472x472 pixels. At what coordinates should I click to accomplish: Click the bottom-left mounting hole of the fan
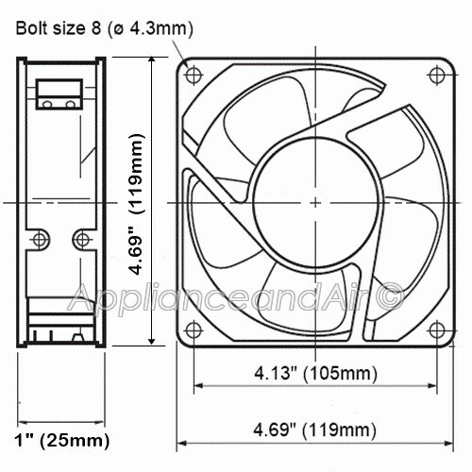pyautogui.click(x=194, y=330)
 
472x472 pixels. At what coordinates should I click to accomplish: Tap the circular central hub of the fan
pyautogui.click(x=314, y=201)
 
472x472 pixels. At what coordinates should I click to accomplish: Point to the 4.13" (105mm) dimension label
pyautogui.click(x=314, y=372)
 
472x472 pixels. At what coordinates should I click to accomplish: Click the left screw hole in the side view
pyautogui.click(x=40, y=238)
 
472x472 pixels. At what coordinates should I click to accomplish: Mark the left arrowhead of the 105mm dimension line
pyautogui.click(x=198, y=385)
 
